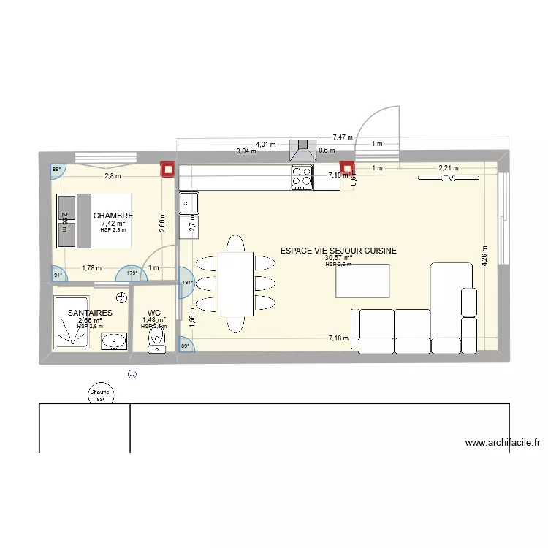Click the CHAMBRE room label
[x=113, y=216]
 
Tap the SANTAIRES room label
[x=90, y=313]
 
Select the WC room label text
[x=153, y=312]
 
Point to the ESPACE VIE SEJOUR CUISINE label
[x=338, y=251]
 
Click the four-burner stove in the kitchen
[x=302, y=177]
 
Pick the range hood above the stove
[x=302, y=150]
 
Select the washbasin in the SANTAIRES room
[x=113, y=341]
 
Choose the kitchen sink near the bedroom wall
[x=188, y=200]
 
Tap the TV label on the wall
[x=449, y=178]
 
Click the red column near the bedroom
[x=168, y=169]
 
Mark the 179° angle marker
[x=133, y=273]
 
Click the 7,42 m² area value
[x=113, y=224]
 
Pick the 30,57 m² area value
[x=338, y=258]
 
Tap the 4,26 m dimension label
[x=484, y=256]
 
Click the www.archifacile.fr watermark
[x=502, y=442]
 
